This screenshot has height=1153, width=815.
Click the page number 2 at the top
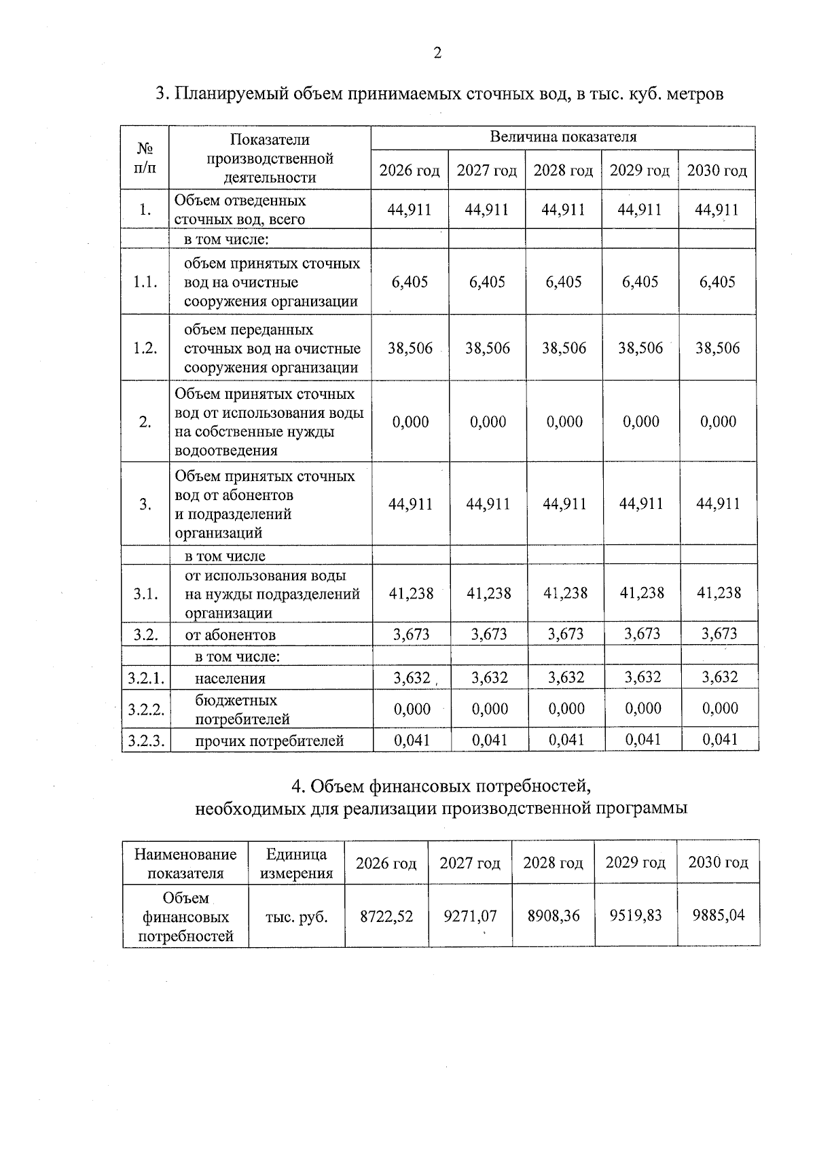click(x=437, y=54)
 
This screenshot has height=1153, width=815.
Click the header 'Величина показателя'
click(x=563, y=137)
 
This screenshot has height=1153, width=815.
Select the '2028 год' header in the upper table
click(x=563, y=171)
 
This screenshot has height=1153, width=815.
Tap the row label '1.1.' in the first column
click(x=145, y=282)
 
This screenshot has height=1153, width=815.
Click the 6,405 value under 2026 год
click(x=410, y=282)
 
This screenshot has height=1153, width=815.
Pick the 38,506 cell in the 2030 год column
click(x=717, y=348)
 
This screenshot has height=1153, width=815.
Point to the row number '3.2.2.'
click(x=146, y=709)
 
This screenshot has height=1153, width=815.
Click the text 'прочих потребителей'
click(x=269, y=741)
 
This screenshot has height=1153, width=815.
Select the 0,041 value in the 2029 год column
click(x=642, y=739)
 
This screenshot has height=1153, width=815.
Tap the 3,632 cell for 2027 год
click(x=489, y=677)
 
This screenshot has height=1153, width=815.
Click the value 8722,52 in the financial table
click(x=386, y=916)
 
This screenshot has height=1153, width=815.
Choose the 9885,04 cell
click(x=718, y=915)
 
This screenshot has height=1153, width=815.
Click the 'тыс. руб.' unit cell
click(x=297, y=917)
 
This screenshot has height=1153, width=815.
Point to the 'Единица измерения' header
click(x=297, y=864)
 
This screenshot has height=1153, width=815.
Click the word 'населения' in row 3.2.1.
click(x=230, y=678)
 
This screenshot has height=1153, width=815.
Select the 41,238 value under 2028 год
click(x=565, y=593)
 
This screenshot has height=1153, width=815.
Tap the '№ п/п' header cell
click(x=145, y=157)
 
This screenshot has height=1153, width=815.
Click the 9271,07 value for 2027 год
click(x=470, y=916)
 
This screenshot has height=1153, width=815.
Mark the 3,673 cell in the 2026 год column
click(x=412, y=635)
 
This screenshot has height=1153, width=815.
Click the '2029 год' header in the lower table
click(x=635, y=862)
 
